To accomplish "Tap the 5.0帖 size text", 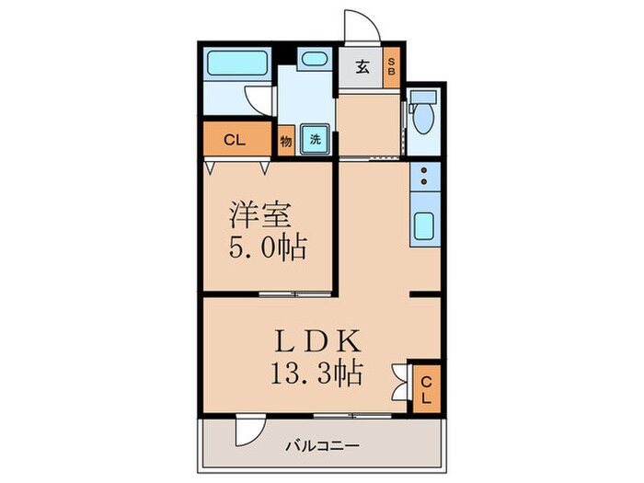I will click(267, 247).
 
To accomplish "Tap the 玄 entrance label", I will click(362, 66).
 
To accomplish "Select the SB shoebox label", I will click(390, 66).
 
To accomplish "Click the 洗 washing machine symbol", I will click(315, 141).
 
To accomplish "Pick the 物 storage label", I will click(287, 141).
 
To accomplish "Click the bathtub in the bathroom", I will click(236, 64).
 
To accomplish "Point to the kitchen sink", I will click(425, 224).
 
